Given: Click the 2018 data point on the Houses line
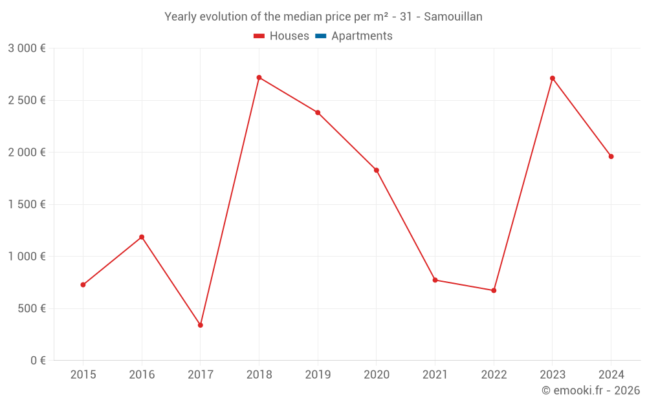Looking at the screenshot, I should coord(259,78).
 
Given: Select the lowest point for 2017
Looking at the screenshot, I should coord(201,325).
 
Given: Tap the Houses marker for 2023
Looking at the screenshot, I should coord(553,78).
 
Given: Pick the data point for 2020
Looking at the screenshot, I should coord(377,170).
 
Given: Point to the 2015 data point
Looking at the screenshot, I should coord(83,284).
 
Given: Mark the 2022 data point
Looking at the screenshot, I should coord(494,290).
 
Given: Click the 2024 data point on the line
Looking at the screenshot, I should coord(611,156).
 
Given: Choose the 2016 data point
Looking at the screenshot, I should coord(142,237).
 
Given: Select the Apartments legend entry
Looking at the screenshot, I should coord(362,36).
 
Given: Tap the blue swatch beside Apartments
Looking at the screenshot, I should coord(320,36).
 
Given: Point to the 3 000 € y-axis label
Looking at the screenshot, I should coord(27,48).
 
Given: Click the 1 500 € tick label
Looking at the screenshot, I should coord(27,204).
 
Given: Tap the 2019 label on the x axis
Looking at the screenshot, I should coord(318,375).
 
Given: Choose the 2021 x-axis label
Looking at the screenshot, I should coord(435,375).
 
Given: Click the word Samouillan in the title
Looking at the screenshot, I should coord(453,17).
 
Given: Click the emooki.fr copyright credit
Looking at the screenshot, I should coord(591,390).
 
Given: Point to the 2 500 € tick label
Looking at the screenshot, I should coord(27,100).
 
